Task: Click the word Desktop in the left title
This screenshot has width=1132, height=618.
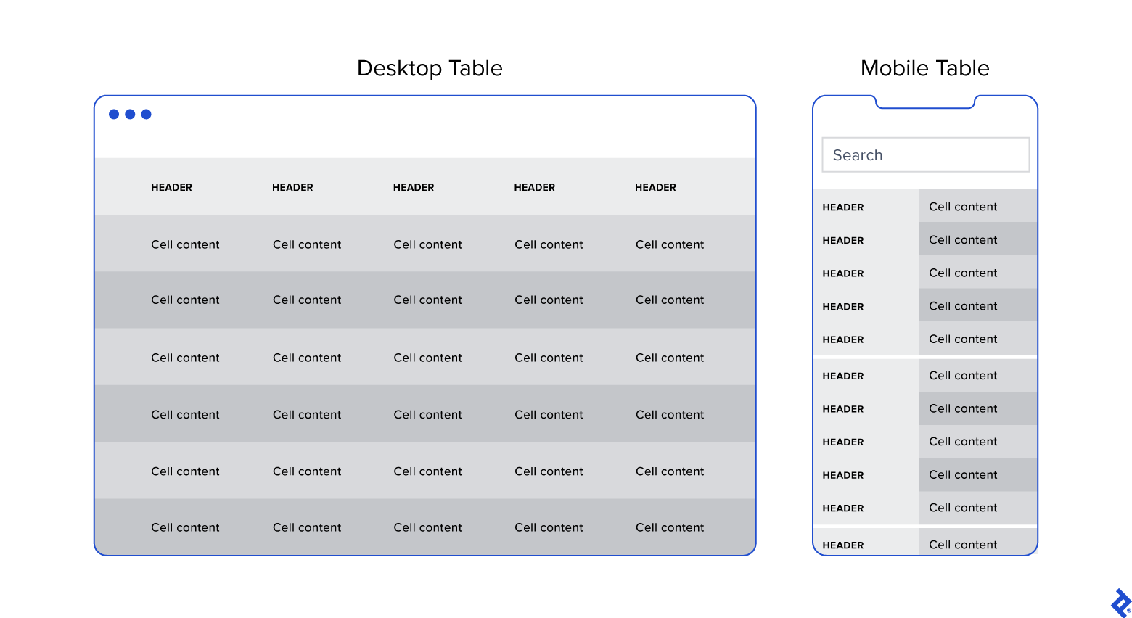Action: click(x=400, y=68)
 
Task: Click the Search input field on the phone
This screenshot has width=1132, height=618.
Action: click(x=925, y=155)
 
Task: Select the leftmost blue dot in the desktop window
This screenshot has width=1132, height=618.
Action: click(x=114, y=114)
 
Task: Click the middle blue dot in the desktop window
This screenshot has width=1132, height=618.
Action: click(x=130, y=114)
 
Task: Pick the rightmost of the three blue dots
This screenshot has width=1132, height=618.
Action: click(x=146, y=114)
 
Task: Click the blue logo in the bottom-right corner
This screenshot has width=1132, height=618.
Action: click(x=1120, y=603)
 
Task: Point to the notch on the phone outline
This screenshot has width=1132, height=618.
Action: click(x=925, y=103)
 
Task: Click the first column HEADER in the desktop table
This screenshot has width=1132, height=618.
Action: click(x=171, y=187)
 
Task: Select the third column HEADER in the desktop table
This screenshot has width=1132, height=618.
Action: click(x=414, y=187)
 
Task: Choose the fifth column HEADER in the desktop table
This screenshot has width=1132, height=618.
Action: click(x=655, y=187)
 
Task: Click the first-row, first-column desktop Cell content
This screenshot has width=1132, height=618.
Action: click(x=185, y=244)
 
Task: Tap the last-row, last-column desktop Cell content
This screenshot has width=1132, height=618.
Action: click(x=670, y=527)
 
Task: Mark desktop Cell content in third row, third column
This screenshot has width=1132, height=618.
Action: click(x=427, y=358)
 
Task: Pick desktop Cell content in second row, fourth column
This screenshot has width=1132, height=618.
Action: click(x=549, y=300)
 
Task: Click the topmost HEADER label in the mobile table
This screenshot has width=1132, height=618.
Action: click(x=842, y=207)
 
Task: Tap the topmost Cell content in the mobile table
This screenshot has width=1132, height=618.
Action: click(x=963, y=207)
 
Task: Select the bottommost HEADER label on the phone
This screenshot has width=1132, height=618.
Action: click(x=842, y=545)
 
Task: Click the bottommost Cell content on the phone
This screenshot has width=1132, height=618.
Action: click(x=963, y=545)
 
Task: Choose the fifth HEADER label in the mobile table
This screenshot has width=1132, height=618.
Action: click(x=842, y=339)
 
